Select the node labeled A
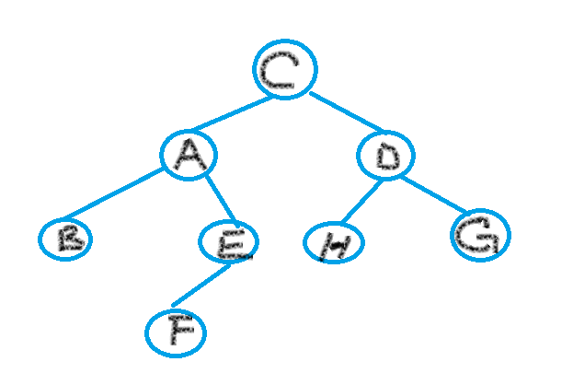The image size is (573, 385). point(189,155)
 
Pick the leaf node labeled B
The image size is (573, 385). point(65,239)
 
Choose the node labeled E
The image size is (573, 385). point(229,242)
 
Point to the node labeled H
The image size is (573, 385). point(334,243)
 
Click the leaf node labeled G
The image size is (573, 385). point(480,236)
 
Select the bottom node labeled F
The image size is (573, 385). point(176,332)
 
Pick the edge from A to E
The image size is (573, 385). point(220,198)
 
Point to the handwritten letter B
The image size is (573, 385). point(67,239)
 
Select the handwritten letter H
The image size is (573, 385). point(333,244)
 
